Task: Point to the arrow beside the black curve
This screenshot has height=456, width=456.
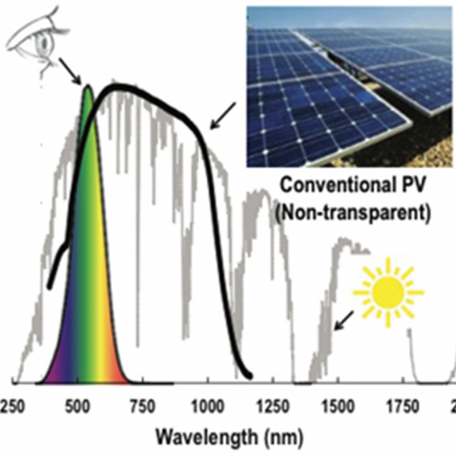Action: click(222, 116)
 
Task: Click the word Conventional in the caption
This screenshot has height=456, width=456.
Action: click(331, 184)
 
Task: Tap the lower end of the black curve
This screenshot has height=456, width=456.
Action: click(248, 375)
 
